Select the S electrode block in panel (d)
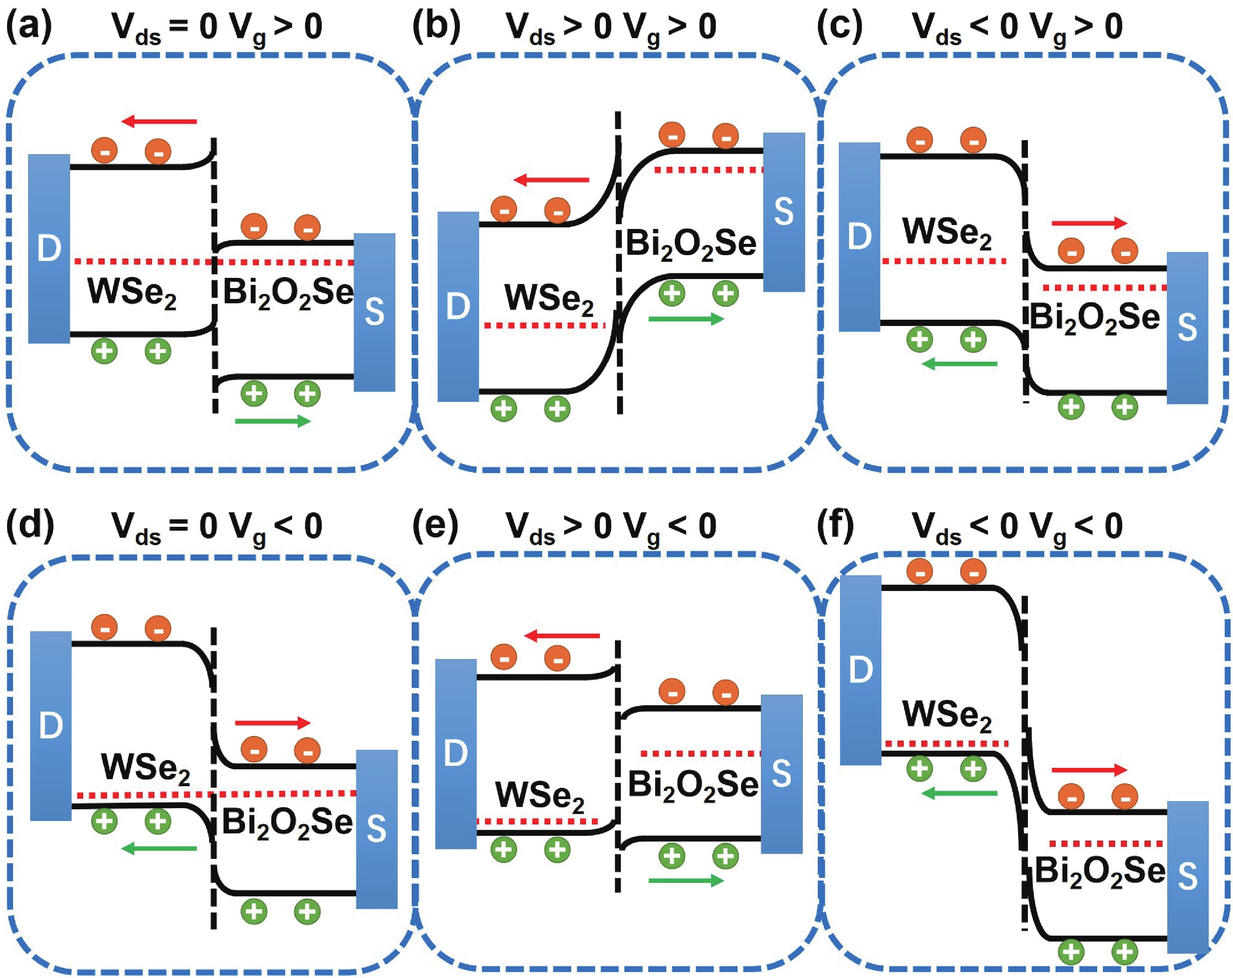pyautogui.click(x=376, y=829)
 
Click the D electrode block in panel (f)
pyautogui.click(x=860, y=670)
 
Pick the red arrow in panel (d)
pyautogui.click(x=272, y=723)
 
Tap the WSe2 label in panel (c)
pyautogui.click(x=946, y=233)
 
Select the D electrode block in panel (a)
pyautogui.click(x=49, y=249)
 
